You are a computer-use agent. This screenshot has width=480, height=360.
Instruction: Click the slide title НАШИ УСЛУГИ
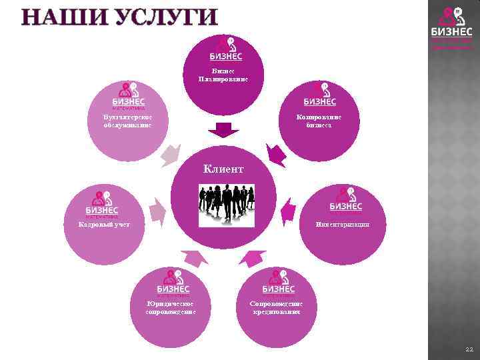pyautogui.click(x=109, y=17)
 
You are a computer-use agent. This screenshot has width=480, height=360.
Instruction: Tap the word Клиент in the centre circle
pyautogui.click(x=223, y=169)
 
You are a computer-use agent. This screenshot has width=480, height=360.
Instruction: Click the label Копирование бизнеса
pyautogui.click(x=319, y=121)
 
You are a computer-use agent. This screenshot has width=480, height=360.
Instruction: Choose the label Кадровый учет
pyautogui.click(x=99, y=225)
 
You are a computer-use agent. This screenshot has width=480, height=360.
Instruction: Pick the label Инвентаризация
pyautogui.click(x=343, y=225)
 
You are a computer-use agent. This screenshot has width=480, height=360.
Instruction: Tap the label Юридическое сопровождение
pyautogui.click(x=171, y=307)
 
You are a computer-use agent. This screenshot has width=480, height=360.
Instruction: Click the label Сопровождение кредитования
pyautogui.click(x=276, y=307)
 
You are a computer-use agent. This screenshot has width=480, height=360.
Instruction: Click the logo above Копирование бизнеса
pyautogui.click(x=320, y=94)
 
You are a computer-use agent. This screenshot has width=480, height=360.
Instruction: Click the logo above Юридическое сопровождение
pyautogui.click(x=173, y=282)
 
